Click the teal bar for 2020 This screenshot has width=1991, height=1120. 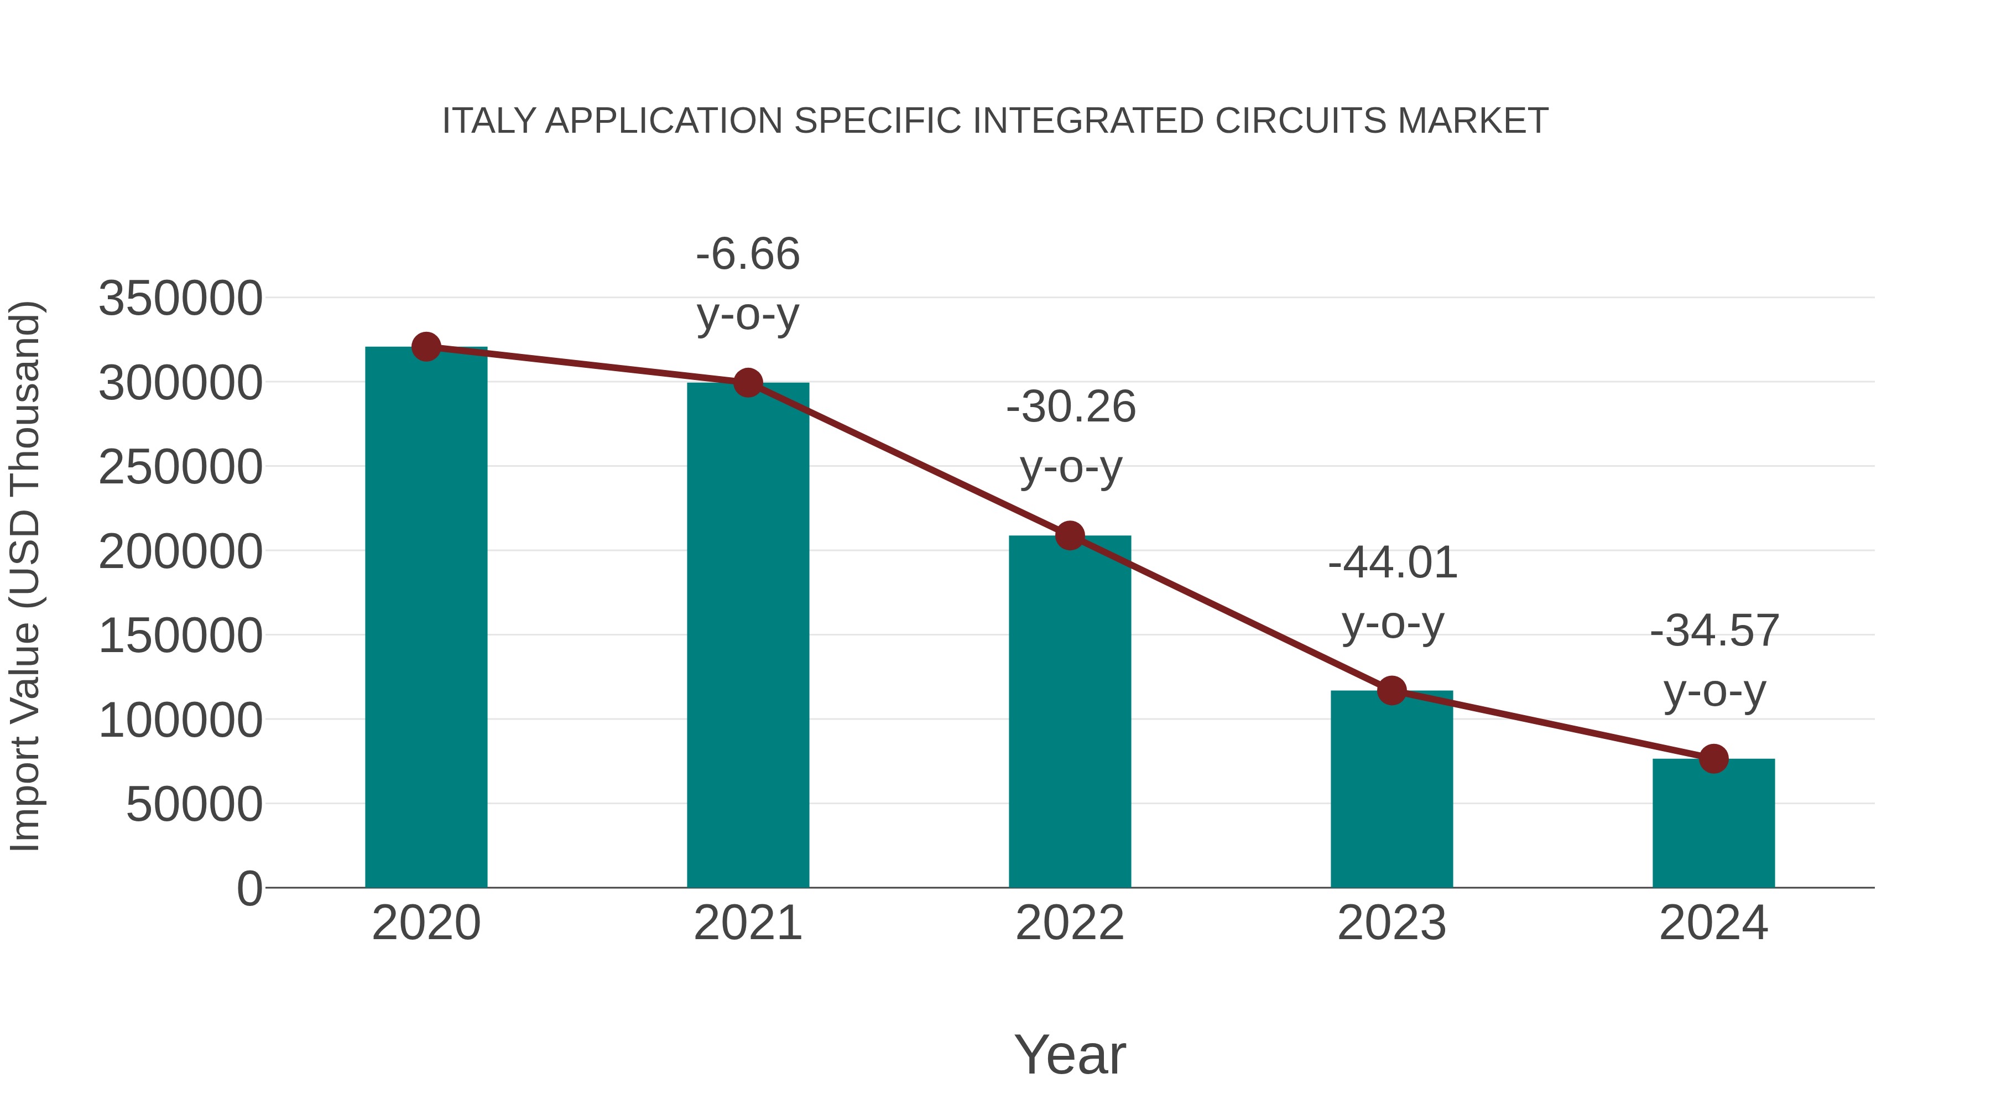(x=426, y=618)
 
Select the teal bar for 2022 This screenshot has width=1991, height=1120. (x=1070, y=711)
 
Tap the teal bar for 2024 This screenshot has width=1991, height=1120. (x=1713, y=823)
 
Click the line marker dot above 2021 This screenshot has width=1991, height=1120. (x=747, y=383)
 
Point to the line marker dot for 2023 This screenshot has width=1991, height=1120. (x=1391, y=690)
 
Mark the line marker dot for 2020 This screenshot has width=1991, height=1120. (x=426, y=347)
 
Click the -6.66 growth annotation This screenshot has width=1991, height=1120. (x=747, y=254)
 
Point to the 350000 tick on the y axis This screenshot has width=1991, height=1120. (x=180, y=298)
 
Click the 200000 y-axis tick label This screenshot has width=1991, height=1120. (x=180, y=552)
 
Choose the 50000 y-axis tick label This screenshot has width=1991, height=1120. (x=194, y=805)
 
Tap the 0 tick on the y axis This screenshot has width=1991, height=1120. (x=249, y=889)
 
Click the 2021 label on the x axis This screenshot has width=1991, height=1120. (x=747, y=923)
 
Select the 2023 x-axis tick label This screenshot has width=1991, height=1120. (x=1391, y=923)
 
